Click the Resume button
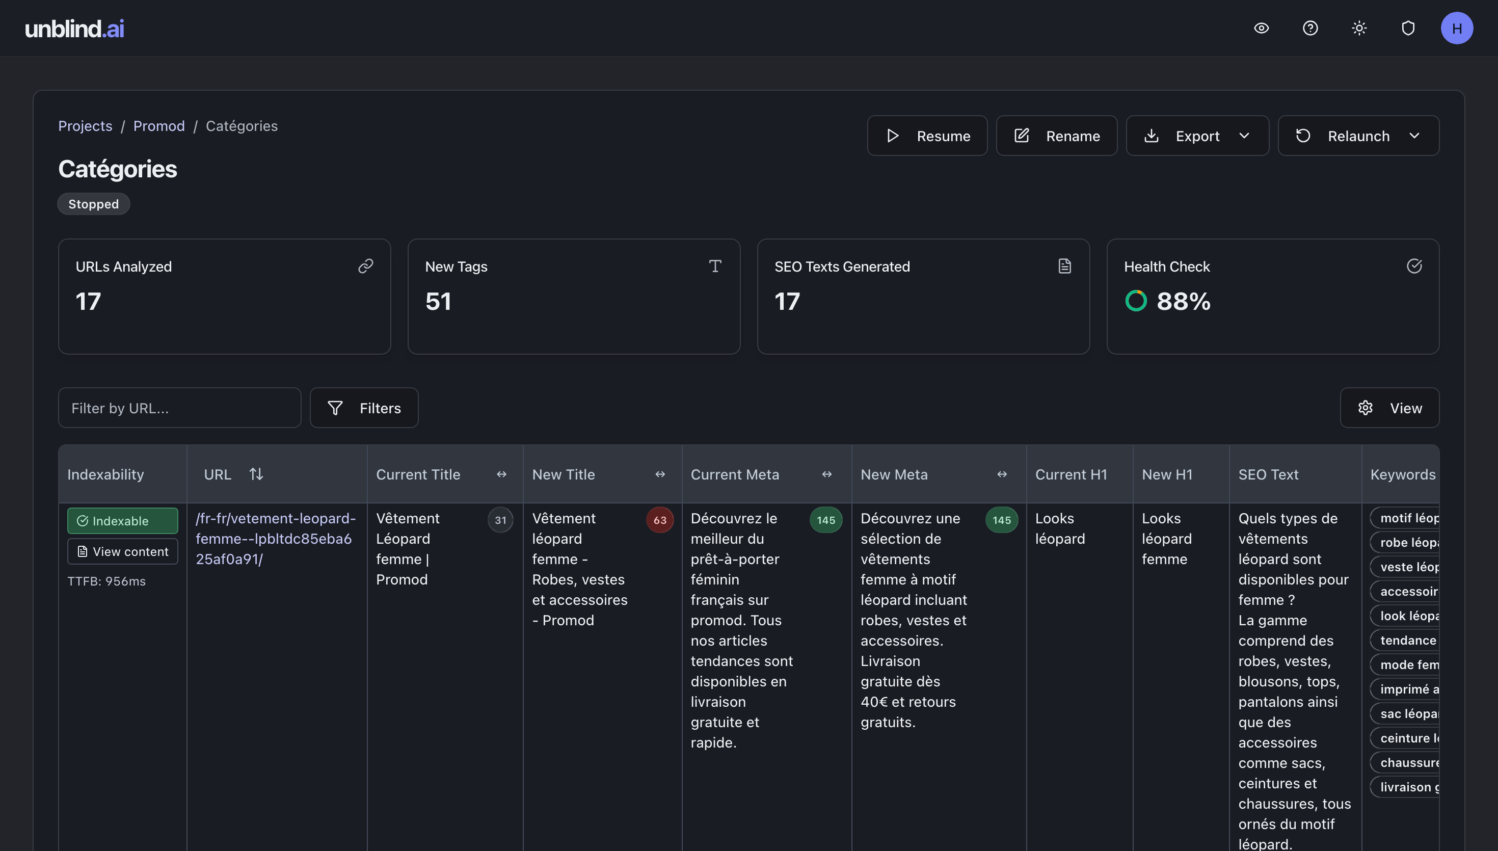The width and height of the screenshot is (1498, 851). pyautogui.click(x=927, y=136)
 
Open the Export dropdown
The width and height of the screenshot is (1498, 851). pyautogui.click(x=1197, y=136)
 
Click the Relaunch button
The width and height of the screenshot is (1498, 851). pyautogui.click(x=1358, y=136)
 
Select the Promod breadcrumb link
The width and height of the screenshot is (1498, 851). pyautogui.click(x=159, y=126)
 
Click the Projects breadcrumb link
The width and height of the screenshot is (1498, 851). pyautogui.click(x=85, y=126)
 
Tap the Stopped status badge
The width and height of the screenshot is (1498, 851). pyautogui.click(x=93, y=204)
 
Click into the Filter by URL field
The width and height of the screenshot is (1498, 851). pyautogui.click(x=179, y=408)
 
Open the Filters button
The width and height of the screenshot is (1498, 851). pyautogui.click(x=364, y=408)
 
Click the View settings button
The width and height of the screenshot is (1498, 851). pyautogui.click(x=1389, y=408)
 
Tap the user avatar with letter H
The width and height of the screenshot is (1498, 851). pyautogui.click(x=1457, y=28)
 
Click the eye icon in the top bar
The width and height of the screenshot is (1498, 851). pyautogui.click(x=1262, y=28)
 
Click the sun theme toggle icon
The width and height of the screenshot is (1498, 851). pyautogui.click(x=1359, y=28)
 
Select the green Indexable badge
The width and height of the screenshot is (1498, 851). pyautogui.click(x=122, y=521)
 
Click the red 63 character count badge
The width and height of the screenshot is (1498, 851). pyautogui.click(x=660, y=520)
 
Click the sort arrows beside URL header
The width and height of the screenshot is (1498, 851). pyautogui.click(x=256, y=474)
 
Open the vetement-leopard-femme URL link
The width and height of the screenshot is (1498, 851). pyautogui.click(x=275, y=538)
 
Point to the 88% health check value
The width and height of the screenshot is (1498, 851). pyautogui.click(x=1183, y=302)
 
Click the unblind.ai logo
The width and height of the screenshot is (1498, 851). pyautogui.click(x=74, y=29)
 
